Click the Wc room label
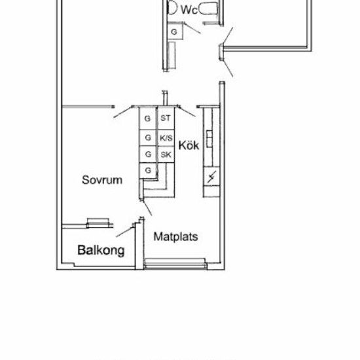[x=189, y=10]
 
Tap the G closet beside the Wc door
[x=175, y=31]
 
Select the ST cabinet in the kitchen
[x=166, y=118]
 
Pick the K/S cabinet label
[x=166, y=138]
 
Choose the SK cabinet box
[x=166, y=154]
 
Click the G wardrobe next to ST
[x=148, y=118]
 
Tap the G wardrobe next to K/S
[x=148, y=137]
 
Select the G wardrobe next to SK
[x=148, y=154]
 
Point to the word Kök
[x=189, y=145]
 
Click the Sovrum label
[x=102, y=180]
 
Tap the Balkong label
[x=101, y=250]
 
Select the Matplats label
[x=175, y=236]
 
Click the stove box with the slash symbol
[x=211, y=177]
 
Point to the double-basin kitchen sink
[x=209, y=139]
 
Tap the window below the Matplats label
[x=175, y=263]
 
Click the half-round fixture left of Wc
[x=172, y=7]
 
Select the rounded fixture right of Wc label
[x=207, y=9]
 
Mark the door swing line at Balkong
[x=125, y=232]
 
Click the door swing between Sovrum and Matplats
[x=147, y=208]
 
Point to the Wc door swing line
[x=192, y=28]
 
